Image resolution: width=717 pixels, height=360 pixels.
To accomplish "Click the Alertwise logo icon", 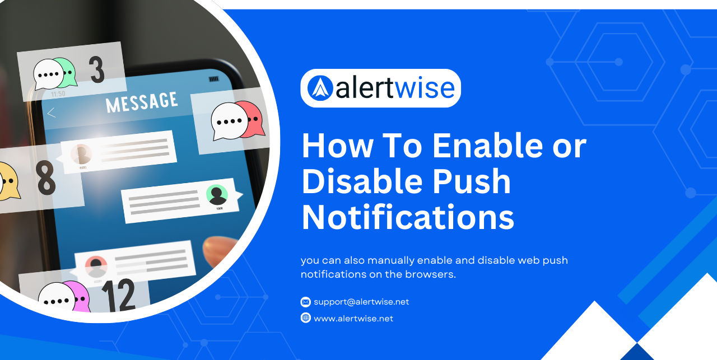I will (320, 88).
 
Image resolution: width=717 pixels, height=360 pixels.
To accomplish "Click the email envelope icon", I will (305, 302).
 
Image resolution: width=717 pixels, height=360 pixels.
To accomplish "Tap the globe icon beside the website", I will (305, 318).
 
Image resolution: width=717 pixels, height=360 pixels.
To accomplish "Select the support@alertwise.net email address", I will (361, 302).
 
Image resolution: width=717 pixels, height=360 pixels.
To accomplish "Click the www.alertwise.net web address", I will (353, 318).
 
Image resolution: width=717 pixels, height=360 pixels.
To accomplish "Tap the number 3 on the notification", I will (97, 69).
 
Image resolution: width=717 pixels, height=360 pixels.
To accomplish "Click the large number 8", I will (46, 178).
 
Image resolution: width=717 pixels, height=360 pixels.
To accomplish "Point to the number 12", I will (118, 295).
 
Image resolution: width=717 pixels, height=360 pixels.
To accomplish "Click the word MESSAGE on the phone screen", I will (142, 102).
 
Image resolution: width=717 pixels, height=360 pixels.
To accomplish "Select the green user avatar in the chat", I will (217, 194).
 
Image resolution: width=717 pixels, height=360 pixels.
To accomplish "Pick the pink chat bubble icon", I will (77, 296).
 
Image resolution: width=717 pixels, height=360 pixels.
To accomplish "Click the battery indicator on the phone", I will (213, 79).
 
